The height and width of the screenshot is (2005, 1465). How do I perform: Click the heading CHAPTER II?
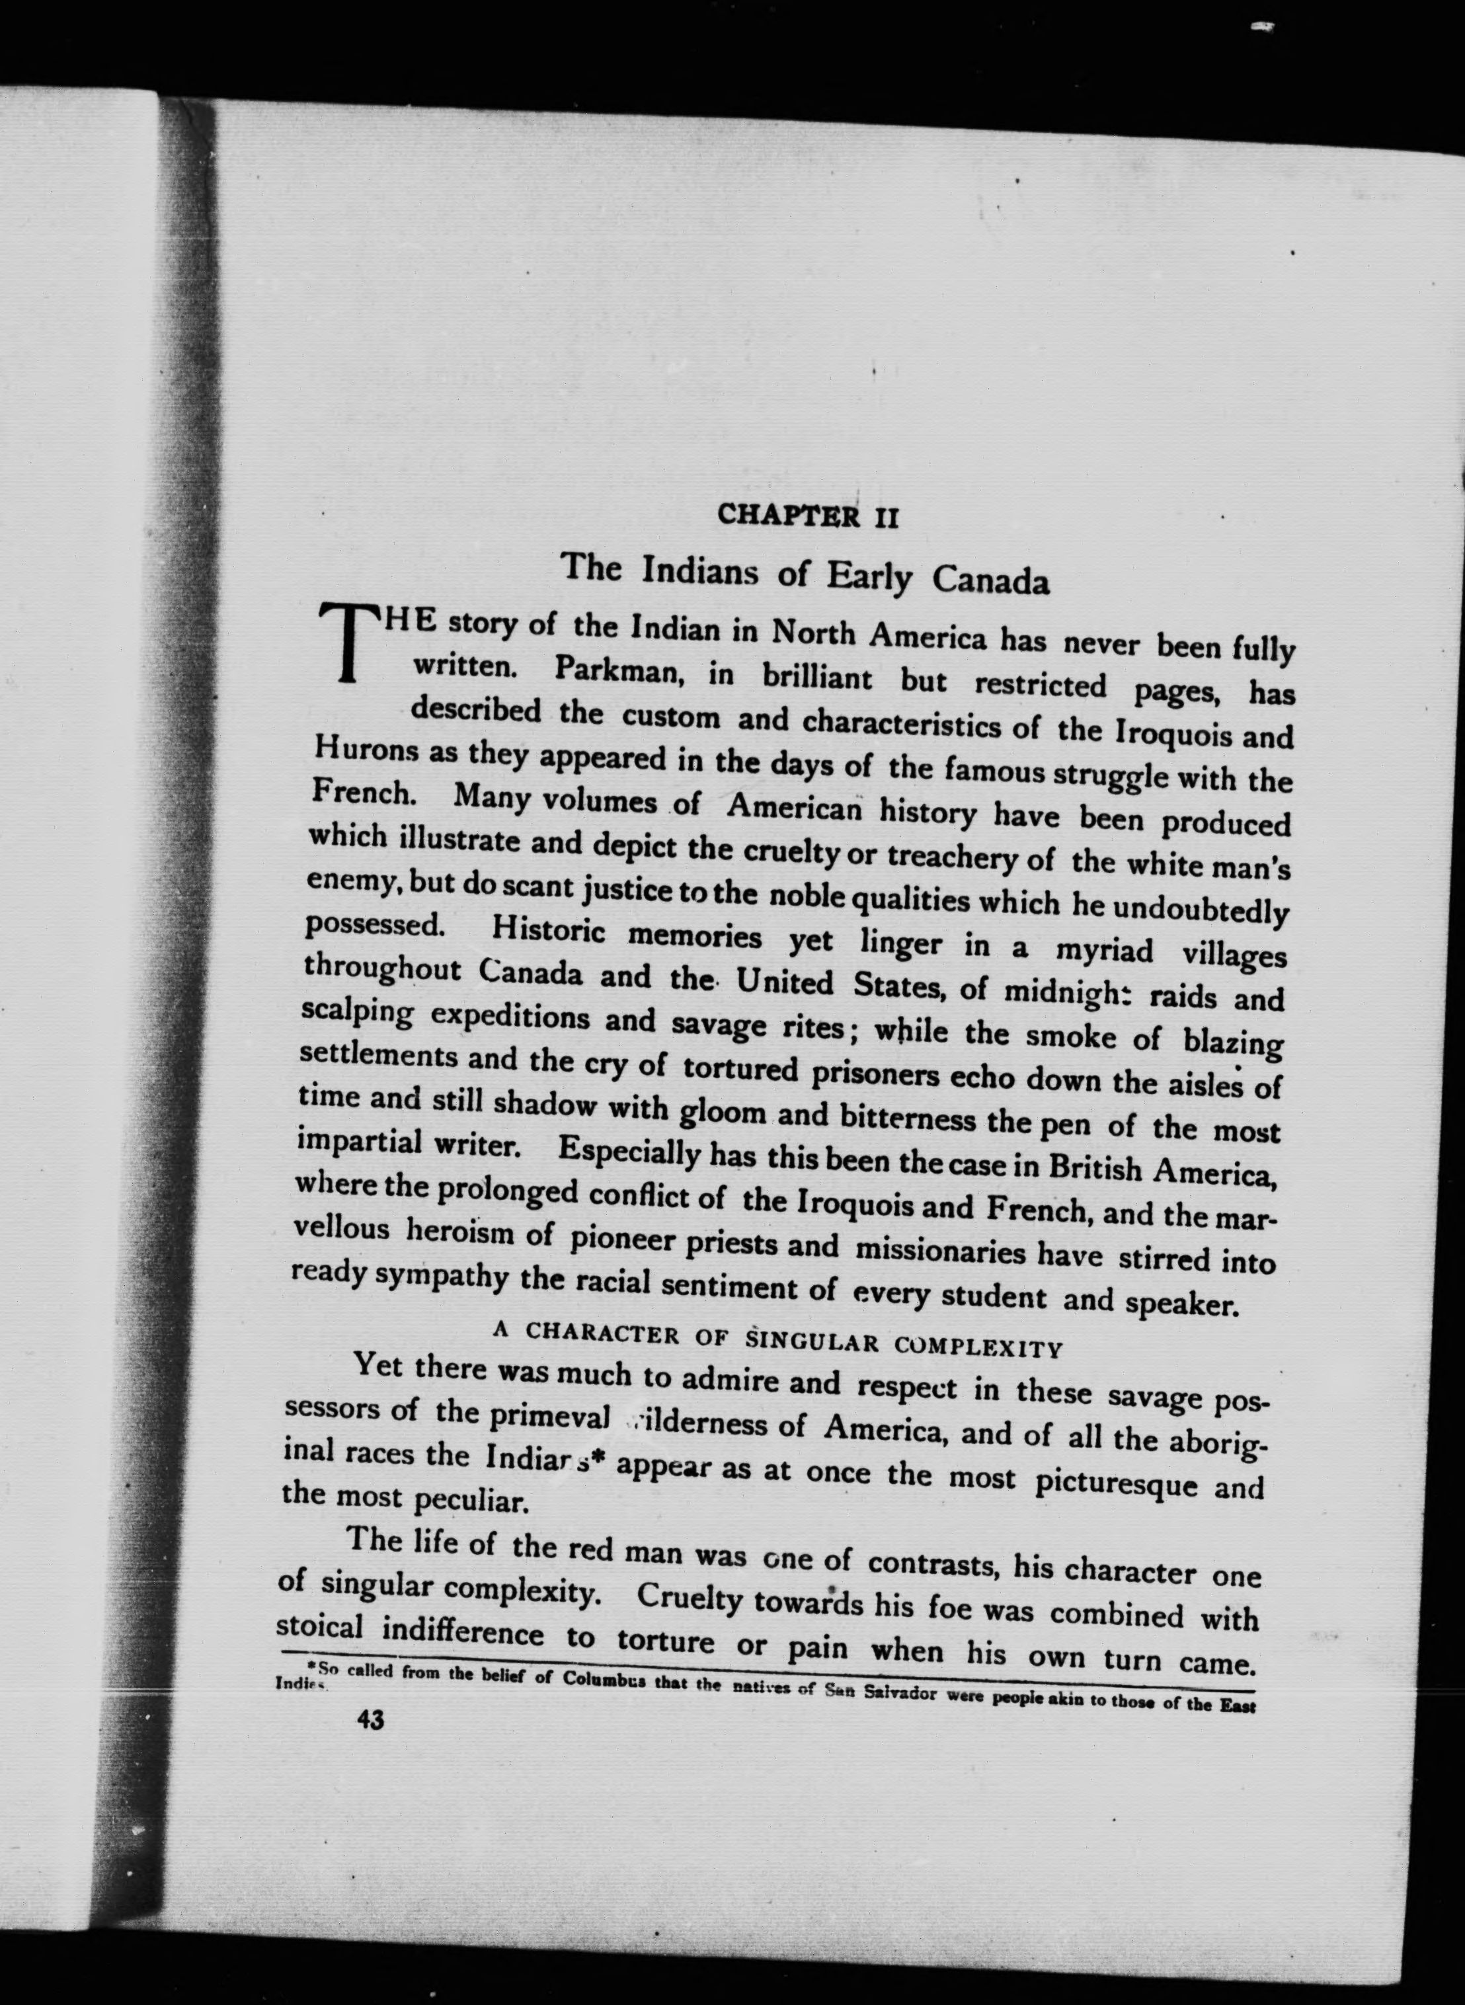[808, 515]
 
